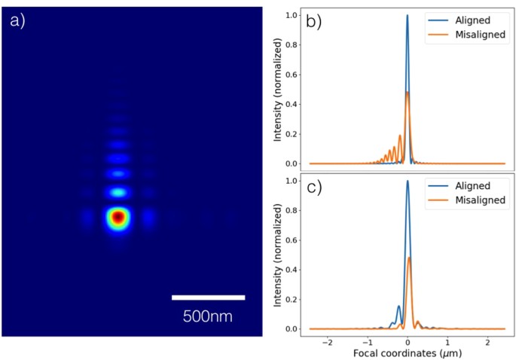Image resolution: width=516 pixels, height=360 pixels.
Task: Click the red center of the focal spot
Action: pyautogui.click(x=118, y=218)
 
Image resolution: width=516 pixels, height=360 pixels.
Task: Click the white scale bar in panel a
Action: pyautogui.click(x=208, y=297)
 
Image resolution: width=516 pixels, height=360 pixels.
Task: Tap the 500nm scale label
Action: pyautogui.click(x=208, y=316)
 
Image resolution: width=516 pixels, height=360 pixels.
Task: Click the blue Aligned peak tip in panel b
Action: pyautogui.click(x=408, y=15)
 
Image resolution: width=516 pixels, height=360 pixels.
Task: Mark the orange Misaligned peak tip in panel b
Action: pyautogui.click(x=408, y=92)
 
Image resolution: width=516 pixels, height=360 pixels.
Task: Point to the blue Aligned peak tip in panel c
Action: pyautogui.click(x=408, y=181)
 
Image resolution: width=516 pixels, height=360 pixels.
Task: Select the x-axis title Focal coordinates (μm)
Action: pyautogui.click(x=407, y=352)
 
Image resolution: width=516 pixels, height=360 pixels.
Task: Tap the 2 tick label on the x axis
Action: pyautogui.click(x=486, y=340)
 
